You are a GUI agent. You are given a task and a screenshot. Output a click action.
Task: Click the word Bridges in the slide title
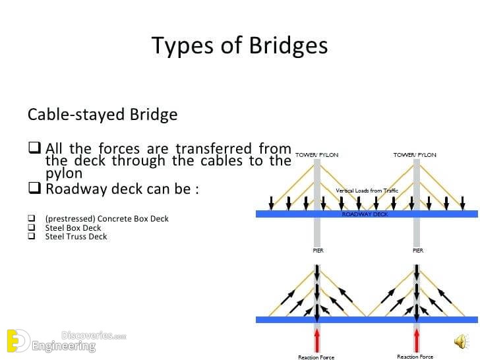coord(288,46)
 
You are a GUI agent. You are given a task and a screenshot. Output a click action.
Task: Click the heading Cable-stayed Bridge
coord(103,115)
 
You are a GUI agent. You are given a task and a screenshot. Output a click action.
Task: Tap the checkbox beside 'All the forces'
coord(34,148)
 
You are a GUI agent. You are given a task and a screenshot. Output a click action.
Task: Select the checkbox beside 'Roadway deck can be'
coord(34,188)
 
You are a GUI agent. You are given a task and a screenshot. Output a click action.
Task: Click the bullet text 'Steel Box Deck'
coord(73,227)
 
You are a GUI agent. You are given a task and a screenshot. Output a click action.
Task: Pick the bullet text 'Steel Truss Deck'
coord(76,236)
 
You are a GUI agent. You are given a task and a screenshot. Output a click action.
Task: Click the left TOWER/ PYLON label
coord(317,155)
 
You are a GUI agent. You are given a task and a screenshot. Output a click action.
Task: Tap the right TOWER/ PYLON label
coord(415,155)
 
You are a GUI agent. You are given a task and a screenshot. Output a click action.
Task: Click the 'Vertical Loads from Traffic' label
coord(367,191)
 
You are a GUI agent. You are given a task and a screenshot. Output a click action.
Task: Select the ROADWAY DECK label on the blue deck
coord(365,214)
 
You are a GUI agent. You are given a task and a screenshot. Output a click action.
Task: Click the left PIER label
coord(318,251)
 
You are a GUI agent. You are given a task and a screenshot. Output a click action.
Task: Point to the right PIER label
coord(418,251)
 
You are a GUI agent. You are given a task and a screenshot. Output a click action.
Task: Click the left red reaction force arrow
coord(317,340)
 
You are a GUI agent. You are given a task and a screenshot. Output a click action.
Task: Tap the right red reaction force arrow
coord(417,340)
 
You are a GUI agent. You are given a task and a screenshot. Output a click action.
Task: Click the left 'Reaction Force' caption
coord(316,357)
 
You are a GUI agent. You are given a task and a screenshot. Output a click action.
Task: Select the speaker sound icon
coord(462,342)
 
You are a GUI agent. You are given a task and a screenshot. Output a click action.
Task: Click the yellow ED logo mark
coord(18,341)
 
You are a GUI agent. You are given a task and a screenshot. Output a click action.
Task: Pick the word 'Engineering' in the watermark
coord(64,346)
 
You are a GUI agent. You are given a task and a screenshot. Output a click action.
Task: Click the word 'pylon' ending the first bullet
coord(64,173)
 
